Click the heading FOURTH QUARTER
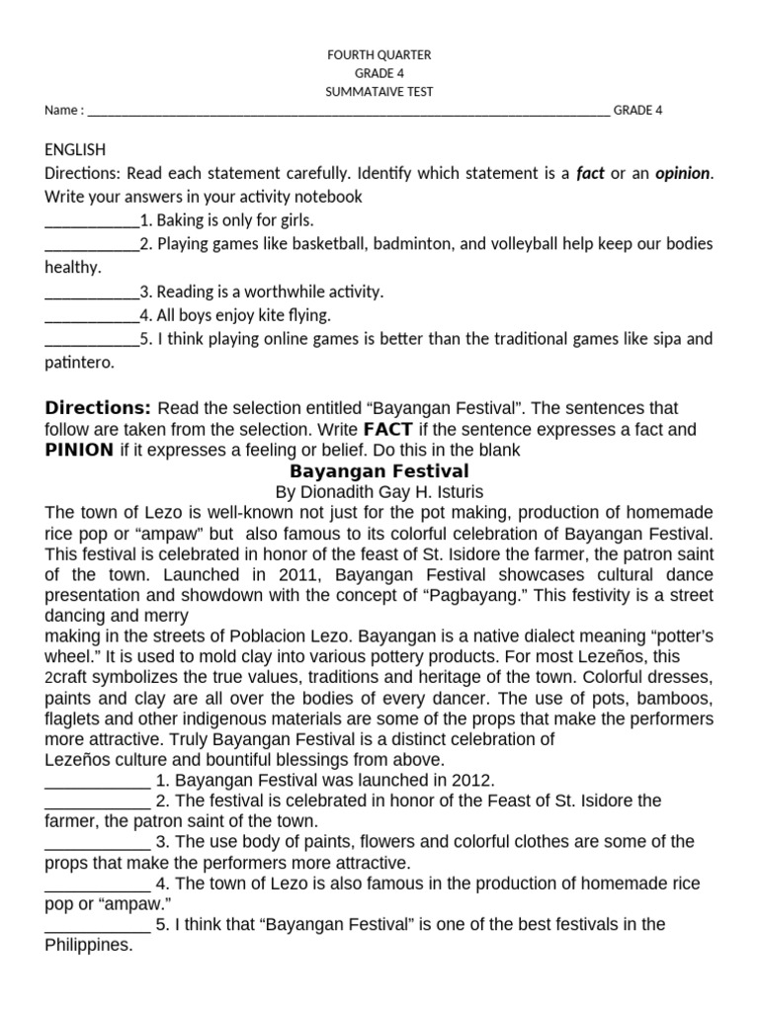pos(379,55)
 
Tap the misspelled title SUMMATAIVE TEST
pos(379,92)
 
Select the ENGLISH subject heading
pos(75,149)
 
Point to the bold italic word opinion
pos(682,173)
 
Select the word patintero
pos(80,363)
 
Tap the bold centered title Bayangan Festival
pos(379,471)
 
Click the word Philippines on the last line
pos(88,945)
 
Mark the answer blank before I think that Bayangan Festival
pos(97,926)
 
